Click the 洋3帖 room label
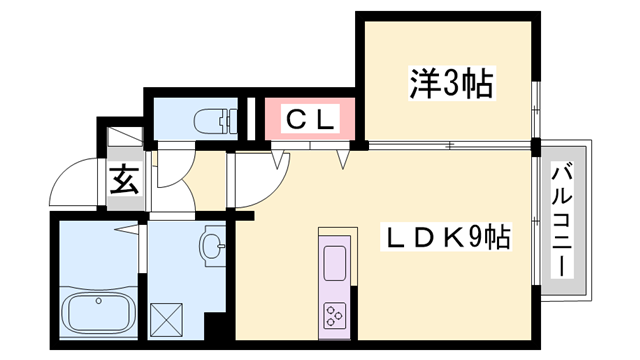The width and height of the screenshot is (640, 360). (451, 84)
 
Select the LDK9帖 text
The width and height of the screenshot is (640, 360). (449, 239)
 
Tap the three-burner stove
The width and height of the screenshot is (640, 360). (333, 316)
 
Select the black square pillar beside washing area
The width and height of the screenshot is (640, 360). (212, 327)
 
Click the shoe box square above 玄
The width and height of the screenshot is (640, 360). (122, 140)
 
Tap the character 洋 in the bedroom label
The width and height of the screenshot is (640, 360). (423, 84)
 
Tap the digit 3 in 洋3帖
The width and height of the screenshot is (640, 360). (451, 84)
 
